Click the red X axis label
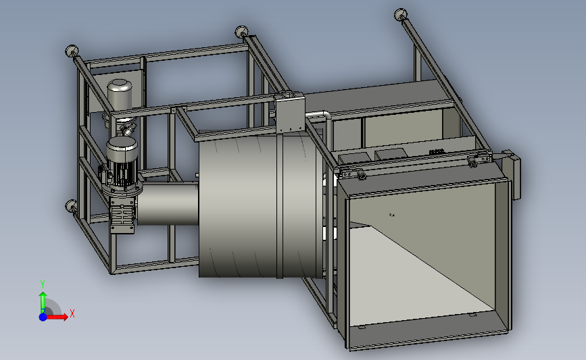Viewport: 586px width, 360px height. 72,313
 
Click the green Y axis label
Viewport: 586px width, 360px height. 43,284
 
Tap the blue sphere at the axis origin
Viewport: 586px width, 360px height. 43,317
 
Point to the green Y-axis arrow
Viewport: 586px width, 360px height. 43,302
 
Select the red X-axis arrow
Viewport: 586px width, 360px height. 57,317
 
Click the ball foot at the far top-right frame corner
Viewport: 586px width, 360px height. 401,15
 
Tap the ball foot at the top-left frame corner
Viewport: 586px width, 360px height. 72,51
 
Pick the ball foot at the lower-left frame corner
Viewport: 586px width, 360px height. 71,205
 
